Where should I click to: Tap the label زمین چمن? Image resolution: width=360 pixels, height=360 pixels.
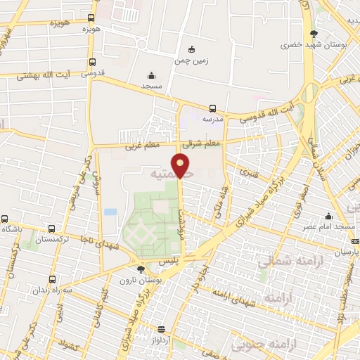(191, 60)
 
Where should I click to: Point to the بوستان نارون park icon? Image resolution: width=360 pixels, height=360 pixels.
(141, 269)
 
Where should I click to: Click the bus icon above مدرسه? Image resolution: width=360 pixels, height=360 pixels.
(212, 108)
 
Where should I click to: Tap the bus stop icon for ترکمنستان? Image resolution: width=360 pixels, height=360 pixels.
(52, 229)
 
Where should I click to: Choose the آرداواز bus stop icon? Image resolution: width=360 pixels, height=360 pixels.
(162, 329)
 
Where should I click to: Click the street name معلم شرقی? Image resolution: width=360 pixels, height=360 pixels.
(202, 143)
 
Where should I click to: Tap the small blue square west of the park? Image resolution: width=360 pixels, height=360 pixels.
(110, 211)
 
